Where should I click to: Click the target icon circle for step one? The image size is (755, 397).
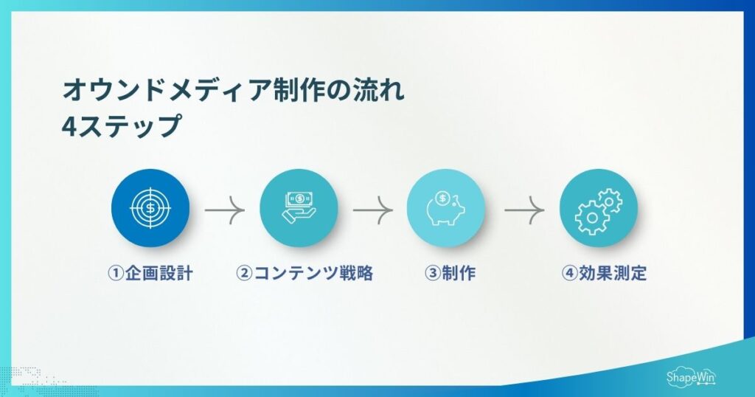150,209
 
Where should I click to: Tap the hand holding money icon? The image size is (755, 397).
299,209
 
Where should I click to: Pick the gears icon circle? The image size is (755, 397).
598,209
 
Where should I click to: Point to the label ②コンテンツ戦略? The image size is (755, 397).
305,273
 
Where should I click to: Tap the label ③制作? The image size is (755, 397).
450,273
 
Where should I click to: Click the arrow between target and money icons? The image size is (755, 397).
224,210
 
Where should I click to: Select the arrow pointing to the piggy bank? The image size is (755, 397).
372,210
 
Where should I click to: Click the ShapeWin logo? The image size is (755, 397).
691,377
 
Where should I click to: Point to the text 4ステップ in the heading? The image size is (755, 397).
122,125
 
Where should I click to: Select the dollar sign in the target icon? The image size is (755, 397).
150,208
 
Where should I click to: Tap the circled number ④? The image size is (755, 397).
568,273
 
